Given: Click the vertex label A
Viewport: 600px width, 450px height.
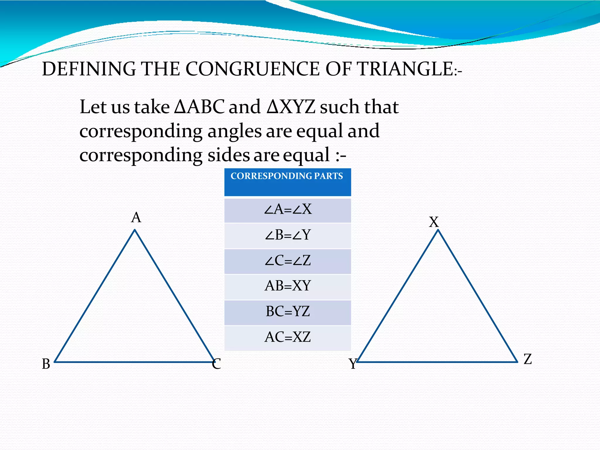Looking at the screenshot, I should click(x=136, y=218).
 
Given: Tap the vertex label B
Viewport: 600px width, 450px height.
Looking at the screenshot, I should click(x=46, y=364).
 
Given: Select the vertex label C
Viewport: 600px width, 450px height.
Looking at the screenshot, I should click(x=217, y=364).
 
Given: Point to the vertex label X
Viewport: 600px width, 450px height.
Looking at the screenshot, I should click(x=434, y=222).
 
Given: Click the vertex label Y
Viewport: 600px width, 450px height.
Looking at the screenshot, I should click(x=353, y=364).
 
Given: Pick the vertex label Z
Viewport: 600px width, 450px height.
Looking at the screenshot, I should click(x=528, y=359).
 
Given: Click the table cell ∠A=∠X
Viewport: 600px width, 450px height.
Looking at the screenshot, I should click(x=288, y=210).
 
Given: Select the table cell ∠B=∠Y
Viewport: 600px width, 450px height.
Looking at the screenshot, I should click(x=288, y=235).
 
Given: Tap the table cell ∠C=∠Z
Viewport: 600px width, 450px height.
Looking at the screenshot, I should click(x=288, y=261).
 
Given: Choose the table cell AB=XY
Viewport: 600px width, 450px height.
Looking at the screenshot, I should click(x=288, y=286).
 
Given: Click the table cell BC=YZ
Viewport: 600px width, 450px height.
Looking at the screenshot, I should click(x=288, y=312).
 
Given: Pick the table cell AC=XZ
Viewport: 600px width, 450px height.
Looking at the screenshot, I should click(x=288, y=337).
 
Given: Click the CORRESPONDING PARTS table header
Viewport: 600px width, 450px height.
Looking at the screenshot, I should click(x=287, y=182).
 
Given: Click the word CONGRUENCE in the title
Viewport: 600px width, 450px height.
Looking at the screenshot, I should click(x=253, y=69).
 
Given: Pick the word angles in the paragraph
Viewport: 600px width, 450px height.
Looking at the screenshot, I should click(x=234, y=131).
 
